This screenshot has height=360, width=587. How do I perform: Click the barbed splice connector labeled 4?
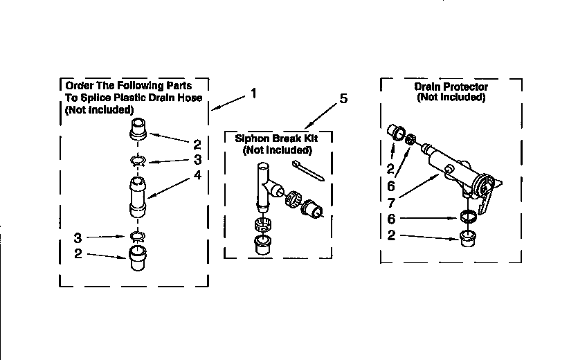click(138, 197)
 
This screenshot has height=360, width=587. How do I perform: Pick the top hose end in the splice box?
click(137, 129)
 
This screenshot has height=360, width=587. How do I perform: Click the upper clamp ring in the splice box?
click(138, 162)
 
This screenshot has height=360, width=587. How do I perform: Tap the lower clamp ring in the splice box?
click(138, 237)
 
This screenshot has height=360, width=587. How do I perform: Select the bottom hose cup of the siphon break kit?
click(264, 245)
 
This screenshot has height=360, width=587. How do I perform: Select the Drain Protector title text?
click(451, 87)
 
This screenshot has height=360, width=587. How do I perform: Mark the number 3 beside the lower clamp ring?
click(78, 237)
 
